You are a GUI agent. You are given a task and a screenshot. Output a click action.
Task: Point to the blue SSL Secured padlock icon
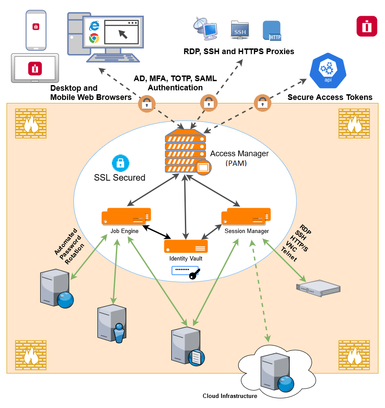[x=120, y=163]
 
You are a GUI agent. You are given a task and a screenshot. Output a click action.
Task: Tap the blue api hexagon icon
[x=327, y=70]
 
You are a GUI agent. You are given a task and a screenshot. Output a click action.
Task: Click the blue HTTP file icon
[x=271, y=31]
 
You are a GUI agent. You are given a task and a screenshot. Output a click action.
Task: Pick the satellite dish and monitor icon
[x=205, y=28]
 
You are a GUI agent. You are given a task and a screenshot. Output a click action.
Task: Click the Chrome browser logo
[x=94, y=38]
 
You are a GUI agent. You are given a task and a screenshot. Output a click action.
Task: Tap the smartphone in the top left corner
[x=35, y=30]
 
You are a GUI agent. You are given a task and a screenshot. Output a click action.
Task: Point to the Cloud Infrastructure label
[x=230, y=396]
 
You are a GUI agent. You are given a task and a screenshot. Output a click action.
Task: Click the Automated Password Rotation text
[x=69, y=247]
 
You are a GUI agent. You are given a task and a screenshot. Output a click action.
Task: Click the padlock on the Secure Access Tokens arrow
[x=262, y=103]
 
